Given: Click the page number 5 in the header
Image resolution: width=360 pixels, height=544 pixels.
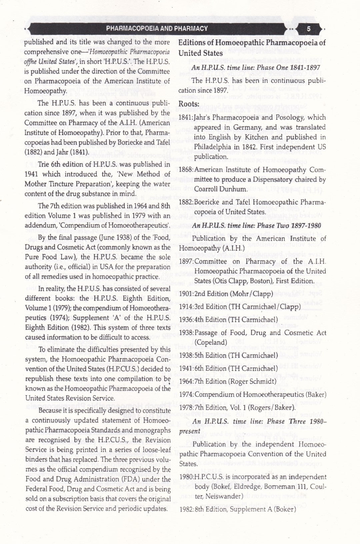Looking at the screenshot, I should click(308, 29).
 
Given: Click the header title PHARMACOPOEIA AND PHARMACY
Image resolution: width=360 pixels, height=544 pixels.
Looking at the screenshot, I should click(157, 29).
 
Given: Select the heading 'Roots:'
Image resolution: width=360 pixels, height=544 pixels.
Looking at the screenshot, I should click(189, 104).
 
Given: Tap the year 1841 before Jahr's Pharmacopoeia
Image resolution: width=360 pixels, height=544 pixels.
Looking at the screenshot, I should click(185, 117).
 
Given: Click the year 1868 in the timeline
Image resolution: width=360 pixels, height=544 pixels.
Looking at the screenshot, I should click(185, 170).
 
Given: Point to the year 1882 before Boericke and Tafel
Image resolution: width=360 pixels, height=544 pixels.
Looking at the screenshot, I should click(185, 202).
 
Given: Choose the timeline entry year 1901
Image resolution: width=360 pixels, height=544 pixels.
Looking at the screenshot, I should click(185, 294).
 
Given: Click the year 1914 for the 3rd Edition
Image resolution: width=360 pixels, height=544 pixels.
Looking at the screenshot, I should click(185, 307).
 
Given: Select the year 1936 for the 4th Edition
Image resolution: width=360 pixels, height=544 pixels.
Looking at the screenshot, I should click(185, 319).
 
